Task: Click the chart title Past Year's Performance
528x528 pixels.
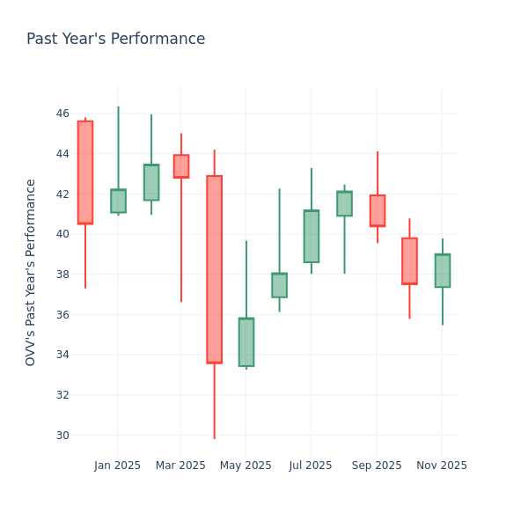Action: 115,40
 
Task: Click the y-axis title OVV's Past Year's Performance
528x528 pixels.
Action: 31,272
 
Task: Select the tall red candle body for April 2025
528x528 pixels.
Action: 214,269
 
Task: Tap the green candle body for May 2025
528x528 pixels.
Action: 246,342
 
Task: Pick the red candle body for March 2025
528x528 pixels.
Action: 181,166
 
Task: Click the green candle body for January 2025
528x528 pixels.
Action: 118,201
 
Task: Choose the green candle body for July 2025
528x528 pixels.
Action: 312,236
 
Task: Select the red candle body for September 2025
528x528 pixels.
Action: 378,210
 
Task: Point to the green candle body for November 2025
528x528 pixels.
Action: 443,270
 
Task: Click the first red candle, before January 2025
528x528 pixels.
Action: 85,172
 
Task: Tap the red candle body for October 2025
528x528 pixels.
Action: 409,260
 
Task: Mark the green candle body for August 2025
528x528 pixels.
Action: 344,203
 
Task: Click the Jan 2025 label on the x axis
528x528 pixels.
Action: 118,466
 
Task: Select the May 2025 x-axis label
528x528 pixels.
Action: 246,466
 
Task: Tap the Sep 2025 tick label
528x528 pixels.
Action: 377,466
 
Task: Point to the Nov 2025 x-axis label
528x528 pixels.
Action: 442,466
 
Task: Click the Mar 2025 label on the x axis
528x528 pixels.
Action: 181,466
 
